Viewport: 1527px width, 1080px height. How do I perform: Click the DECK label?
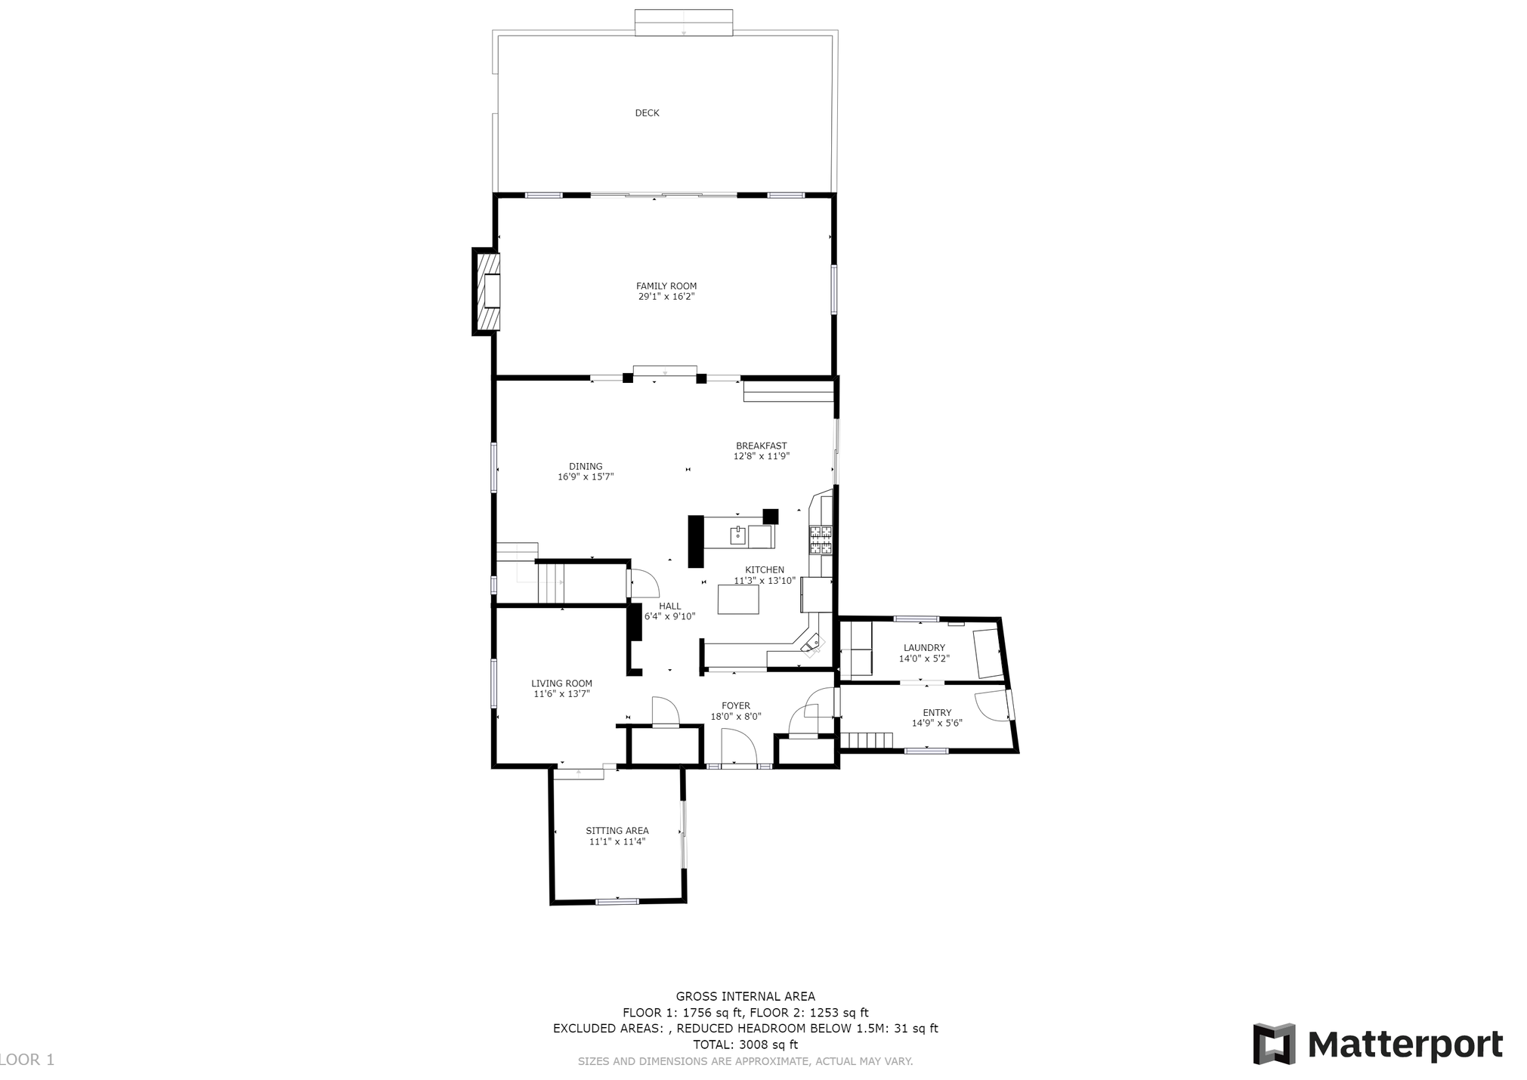pos(647,113)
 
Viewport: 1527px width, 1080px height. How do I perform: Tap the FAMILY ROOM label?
pos(666,286)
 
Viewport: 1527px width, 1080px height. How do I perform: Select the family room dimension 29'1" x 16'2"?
pos(666,297)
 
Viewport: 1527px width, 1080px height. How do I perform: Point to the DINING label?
pos(586,467)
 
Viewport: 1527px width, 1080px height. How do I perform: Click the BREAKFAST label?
pos(762,446)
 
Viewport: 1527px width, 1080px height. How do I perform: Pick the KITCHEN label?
pos(765,570)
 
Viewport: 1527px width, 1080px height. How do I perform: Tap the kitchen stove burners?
pos(821,539)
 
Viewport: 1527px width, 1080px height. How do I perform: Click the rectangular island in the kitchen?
pos(738,599)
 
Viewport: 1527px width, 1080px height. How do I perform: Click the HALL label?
pos(669,606)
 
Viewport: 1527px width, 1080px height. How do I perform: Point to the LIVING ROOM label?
pos(561,683)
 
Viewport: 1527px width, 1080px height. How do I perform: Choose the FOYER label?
pos(736,706)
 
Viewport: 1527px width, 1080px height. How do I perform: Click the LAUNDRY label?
pos(924,648)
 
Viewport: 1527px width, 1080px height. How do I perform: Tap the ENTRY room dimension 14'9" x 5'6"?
pos(937,724)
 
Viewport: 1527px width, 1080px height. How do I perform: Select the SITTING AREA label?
pos(617,831)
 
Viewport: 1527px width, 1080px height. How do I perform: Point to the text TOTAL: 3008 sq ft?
pos(746,1045)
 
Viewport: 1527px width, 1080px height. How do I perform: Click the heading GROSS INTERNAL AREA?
pos(746,997)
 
